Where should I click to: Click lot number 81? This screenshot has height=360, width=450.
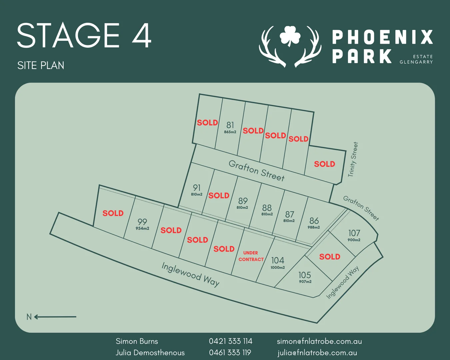[x=230, y=125]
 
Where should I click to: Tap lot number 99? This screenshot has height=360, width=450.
[x=142, y=222]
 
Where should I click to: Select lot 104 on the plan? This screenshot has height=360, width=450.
[x=278, y=260]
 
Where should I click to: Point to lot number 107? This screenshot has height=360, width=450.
[x=354, y=233]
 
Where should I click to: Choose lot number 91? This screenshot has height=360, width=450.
[x=197, y=188]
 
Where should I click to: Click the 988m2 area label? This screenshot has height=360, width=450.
[x=314, y=227]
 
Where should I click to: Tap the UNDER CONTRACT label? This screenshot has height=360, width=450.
[x=251, y=256]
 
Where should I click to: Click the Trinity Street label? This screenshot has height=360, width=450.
[x=353, y=159]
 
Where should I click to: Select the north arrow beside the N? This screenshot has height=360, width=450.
[x=55, y=317]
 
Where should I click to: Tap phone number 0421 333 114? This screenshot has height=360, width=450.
[x=230, y=341]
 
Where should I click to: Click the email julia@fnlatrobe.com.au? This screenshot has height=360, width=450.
[x=317, y=353]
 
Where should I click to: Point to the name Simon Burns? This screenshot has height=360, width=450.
[x=137, y=341]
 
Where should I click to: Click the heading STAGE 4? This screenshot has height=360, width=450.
[x=84, y=35]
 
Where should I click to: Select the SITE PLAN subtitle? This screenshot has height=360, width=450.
[x=41, y=65]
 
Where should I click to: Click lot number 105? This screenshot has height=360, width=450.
[x=304, y=275]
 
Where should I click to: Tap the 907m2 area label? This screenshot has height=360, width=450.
[x=305, y=282]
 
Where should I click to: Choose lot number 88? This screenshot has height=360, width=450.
[x=267, y=208]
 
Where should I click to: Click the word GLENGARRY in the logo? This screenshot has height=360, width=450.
[x=416, y=62]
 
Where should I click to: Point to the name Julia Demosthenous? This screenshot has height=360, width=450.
[x=150, y=353]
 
